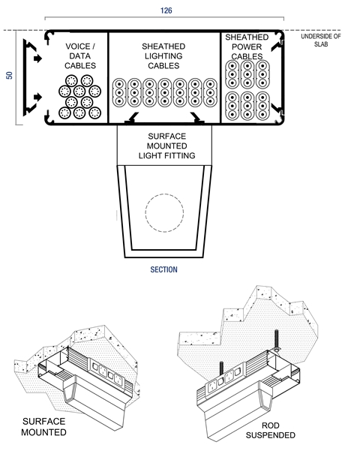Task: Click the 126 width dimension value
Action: tap(166, 11)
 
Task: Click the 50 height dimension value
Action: tap(9, 75)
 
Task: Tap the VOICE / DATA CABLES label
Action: tap(80, 56)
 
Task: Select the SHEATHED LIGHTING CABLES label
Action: tap(163, 56)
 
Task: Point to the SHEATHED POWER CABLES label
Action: tap(247, 47)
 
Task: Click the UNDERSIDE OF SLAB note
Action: tap(321, 41)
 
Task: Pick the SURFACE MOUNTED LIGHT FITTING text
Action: tap(167, 146)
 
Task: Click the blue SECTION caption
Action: tap(163, 269)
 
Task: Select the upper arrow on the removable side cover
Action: tap(37, 59)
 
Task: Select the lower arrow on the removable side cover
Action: tap(37, 97)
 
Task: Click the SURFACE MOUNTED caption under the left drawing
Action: tap(43, 427)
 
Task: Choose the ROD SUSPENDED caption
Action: tap(270, 430)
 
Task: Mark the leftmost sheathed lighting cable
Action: tap(119, 93)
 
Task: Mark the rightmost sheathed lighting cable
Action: tap(210, 93)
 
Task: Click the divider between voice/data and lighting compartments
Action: tap(108, 77)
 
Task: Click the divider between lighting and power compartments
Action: tap(220, 77)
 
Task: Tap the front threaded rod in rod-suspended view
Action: tap(221, 369)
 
